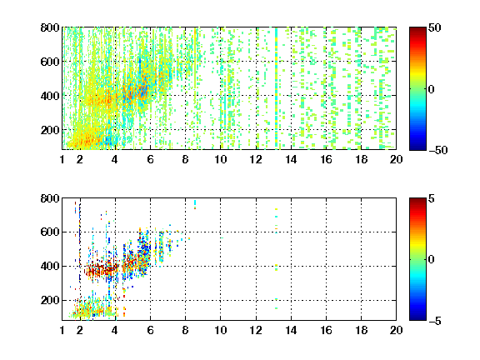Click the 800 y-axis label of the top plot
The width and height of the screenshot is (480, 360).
[50, 27]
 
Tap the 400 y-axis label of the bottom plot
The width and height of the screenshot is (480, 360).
[50, 266]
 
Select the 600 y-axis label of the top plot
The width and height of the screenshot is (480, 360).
[50, 62]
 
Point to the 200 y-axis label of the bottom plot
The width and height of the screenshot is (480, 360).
[50, 300]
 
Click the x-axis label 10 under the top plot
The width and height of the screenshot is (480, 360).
[220, 159]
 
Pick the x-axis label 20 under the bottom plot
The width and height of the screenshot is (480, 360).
[396, 330]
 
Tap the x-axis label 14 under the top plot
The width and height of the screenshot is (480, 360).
[291, 159]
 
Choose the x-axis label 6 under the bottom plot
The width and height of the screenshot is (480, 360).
[150, 330]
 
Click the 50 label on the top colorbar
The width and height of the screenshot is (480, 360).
[434, 27]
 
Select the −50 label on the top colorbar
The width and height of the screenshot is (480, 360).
[437, 150]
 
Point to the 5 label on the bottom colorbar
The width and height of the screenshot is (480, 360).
[432, 198]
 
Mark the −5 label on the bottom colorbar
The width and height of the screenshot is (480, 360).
[435, 321]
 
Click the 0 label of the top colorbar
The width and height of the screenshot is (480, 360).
[432, 89]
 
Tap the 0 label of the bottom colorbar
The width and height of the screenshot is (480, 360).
[432, 260]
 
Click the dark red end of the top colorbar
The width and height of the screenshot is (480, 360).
[417, 29]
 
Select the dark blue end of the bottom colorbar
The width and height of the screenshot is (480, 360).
[417, 317]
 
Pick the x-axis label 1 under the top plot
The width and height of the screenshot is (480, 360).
[62, 159]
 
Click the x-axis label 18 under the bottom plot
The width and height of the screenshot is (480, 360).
[361, 330]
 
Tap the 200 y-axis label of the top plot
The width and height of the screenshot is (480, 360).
[50, 130]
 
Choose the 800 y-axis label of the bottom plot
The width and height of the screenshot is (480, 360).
[50, 198]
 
